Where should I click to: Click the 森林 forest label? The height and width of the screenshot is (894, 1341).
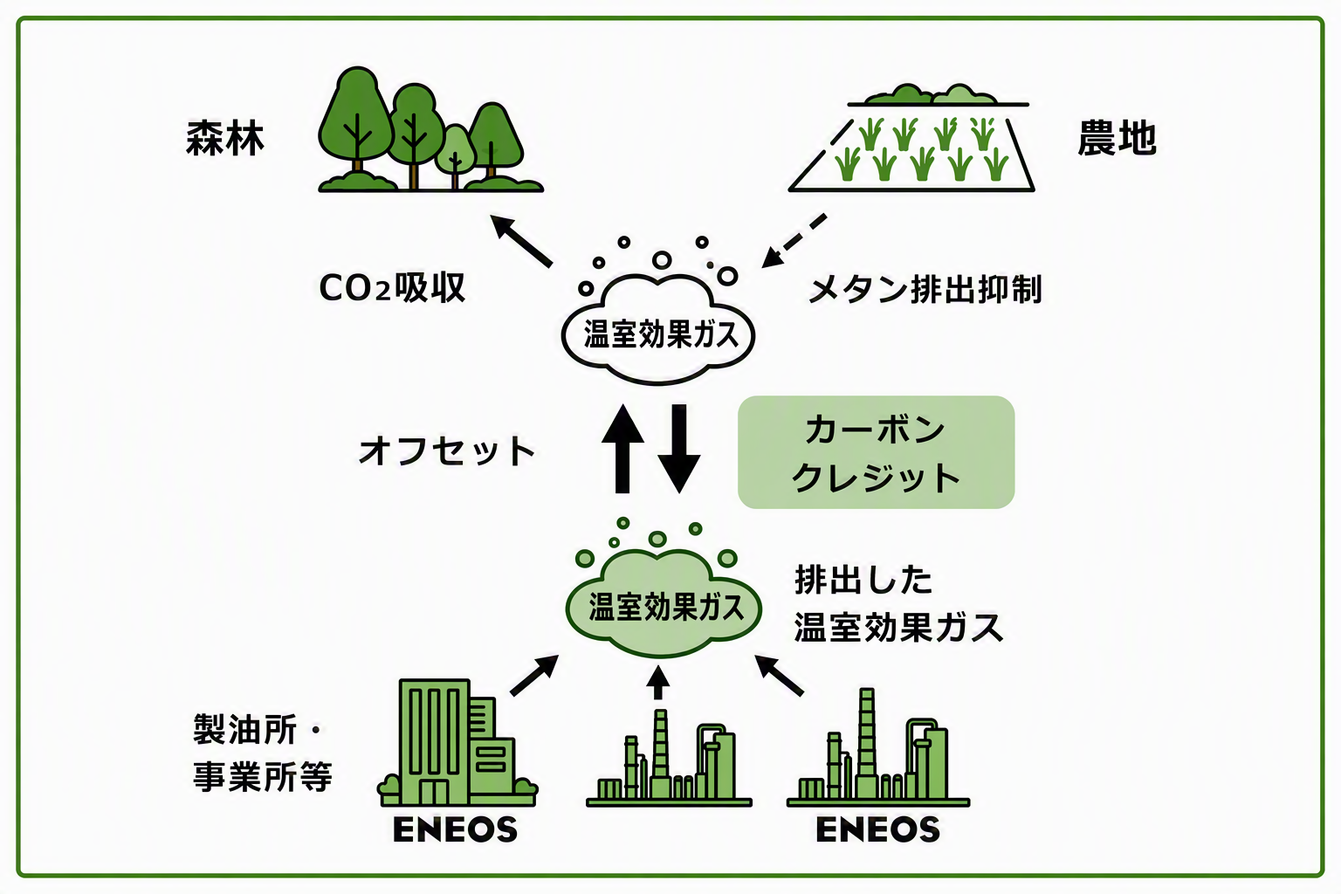tap(225, 138)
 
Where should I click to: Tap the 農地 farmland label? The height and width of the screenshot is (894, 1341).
tap(1117, 138)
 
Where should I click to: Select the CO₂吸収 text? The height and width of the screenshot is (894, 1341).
tap(392, 288)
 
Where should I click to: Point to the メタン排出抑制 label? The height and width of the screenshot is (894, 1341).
tap(925, 289)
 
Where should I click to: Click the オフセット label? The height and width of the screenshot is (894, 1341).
tap(447, 450)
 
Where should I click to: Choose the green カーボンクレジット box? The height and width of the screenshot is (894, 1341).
tap(876, 452)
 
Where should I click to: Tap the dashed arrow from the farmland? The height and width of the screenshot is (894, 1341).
tap(794, 241)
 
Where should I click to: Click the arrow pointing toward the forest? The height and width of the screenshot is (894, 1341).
tap(521, 241)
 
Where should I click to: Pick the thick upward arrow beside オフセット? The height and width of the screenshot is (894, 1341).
tap(622, 449)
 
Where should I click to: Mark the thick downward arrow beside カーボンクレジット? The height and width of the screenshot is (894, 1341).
tap(679, 449)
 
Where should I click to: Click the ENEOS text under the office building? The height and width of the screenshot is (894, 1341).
tap(455, 829)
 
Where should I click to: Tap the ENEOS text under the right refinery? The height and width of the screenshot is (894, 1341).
tap(877, 829)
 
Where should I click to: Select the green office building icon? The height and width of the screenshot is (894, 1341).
tap(457, 742)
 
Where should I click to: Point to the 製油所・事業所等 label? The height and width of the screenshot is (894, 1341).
tap(262, 753)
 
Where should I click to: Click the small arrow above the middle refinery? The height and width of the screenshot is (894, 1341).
tap(658, 682)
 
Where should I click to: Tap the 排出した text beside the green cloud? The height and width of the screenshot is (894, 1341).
tap(863, 580)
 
